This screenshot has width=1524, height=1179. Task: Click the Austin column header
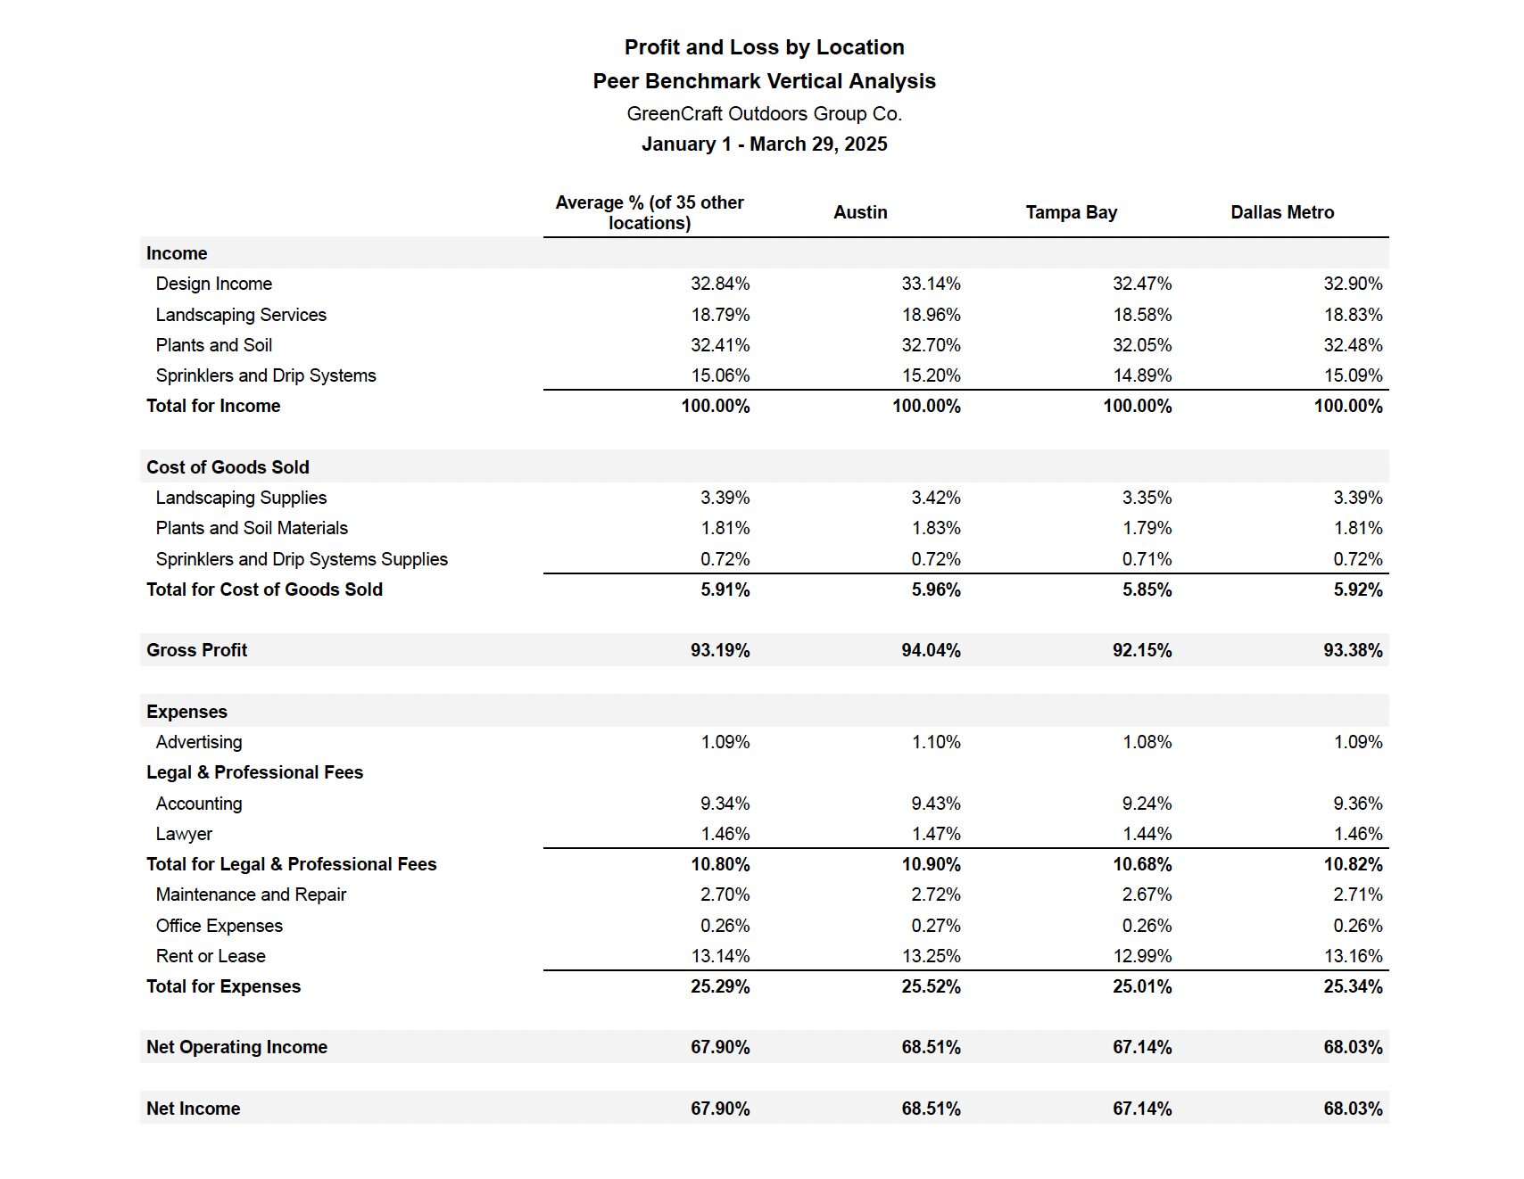(x=860, y=212)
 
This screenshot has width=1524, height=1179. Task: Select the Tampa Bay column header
(x=1071, y=212)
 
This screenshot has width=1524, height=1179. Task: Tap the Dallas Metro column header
(x=1282, y=212)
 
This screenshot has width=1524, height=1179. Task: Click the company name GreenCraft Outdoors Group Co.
(x=764, y=114)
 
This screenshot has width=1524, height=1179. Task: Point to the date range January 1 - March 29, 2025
(x=764, y=144)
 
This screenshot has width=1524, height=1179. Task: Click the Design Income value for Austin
(x=931, y=284)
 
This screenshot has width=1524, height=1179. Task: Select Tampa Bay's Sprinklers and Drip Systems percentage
(x=1142, y=375)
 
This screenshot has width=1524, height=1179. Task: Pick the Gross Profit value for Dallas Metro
(x=1353, y=650)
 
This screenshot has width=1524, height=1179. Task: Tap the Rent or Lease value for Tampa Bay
(x=1142, y=956)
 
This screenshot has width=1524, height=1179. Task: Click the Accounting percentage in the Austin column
(x=936, y=804)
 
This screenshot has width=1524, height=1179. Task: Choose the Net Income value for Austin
(x=931, y=1109)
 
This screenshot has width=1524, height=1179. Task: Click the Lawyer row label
(x=184, y=835)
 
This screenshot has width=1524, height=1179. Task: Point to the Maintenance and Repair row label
(x=251, y=895)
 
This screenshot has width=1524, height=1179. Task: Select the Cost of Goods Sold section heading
(x=228, y=467)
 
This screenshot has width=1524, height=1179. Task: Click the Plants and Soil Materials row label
(x=252, y=528)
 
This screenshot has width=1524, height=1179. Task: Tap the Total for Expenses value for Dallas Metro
(x=1353, y=986)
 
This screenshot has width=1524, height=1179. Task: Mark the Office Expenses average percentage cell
(x=725, y=926)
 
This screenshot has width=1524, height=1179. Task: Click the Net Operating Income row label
(x=236, y=1047)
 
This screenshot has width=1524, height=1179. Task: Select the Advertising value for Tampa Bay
(x=1147, y=742)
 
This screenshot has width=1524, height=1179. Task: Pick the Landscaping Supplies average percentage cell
(x=725, y=498)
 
